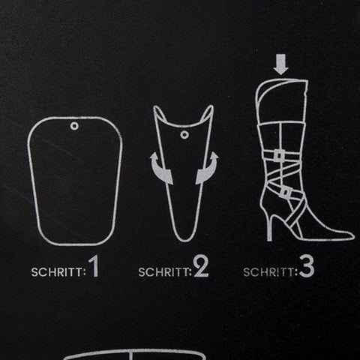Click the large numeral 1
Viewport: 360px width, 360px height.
click(94, 266)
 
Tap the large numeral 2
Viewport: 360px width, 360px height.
click(201, 267)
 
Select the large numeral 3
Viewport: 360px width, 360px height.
click(307, 267)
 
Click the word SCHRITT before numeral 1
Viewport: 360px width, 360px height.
click(57, 272)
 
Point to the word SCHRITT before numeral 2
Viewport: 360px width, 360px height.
click(163, 272)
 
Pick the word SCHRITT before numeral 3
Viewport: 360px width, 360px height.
click(268, 272)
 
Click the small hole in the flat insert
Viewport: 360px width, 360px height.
click(74, 126)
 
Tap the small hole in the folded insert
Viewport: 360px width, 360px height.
click(184, 135)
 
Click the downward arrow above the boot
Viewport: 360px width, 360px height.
click(280, 64)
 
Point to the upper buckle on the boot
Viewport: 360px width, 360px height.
click(278, 155)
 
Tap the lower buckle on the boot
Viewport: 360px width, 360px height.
click(286, 193)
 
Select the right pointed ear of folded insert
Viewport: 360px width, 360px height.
click(208, 113)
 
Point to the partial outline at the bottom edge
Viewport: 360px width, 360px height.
click(134, 354)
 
